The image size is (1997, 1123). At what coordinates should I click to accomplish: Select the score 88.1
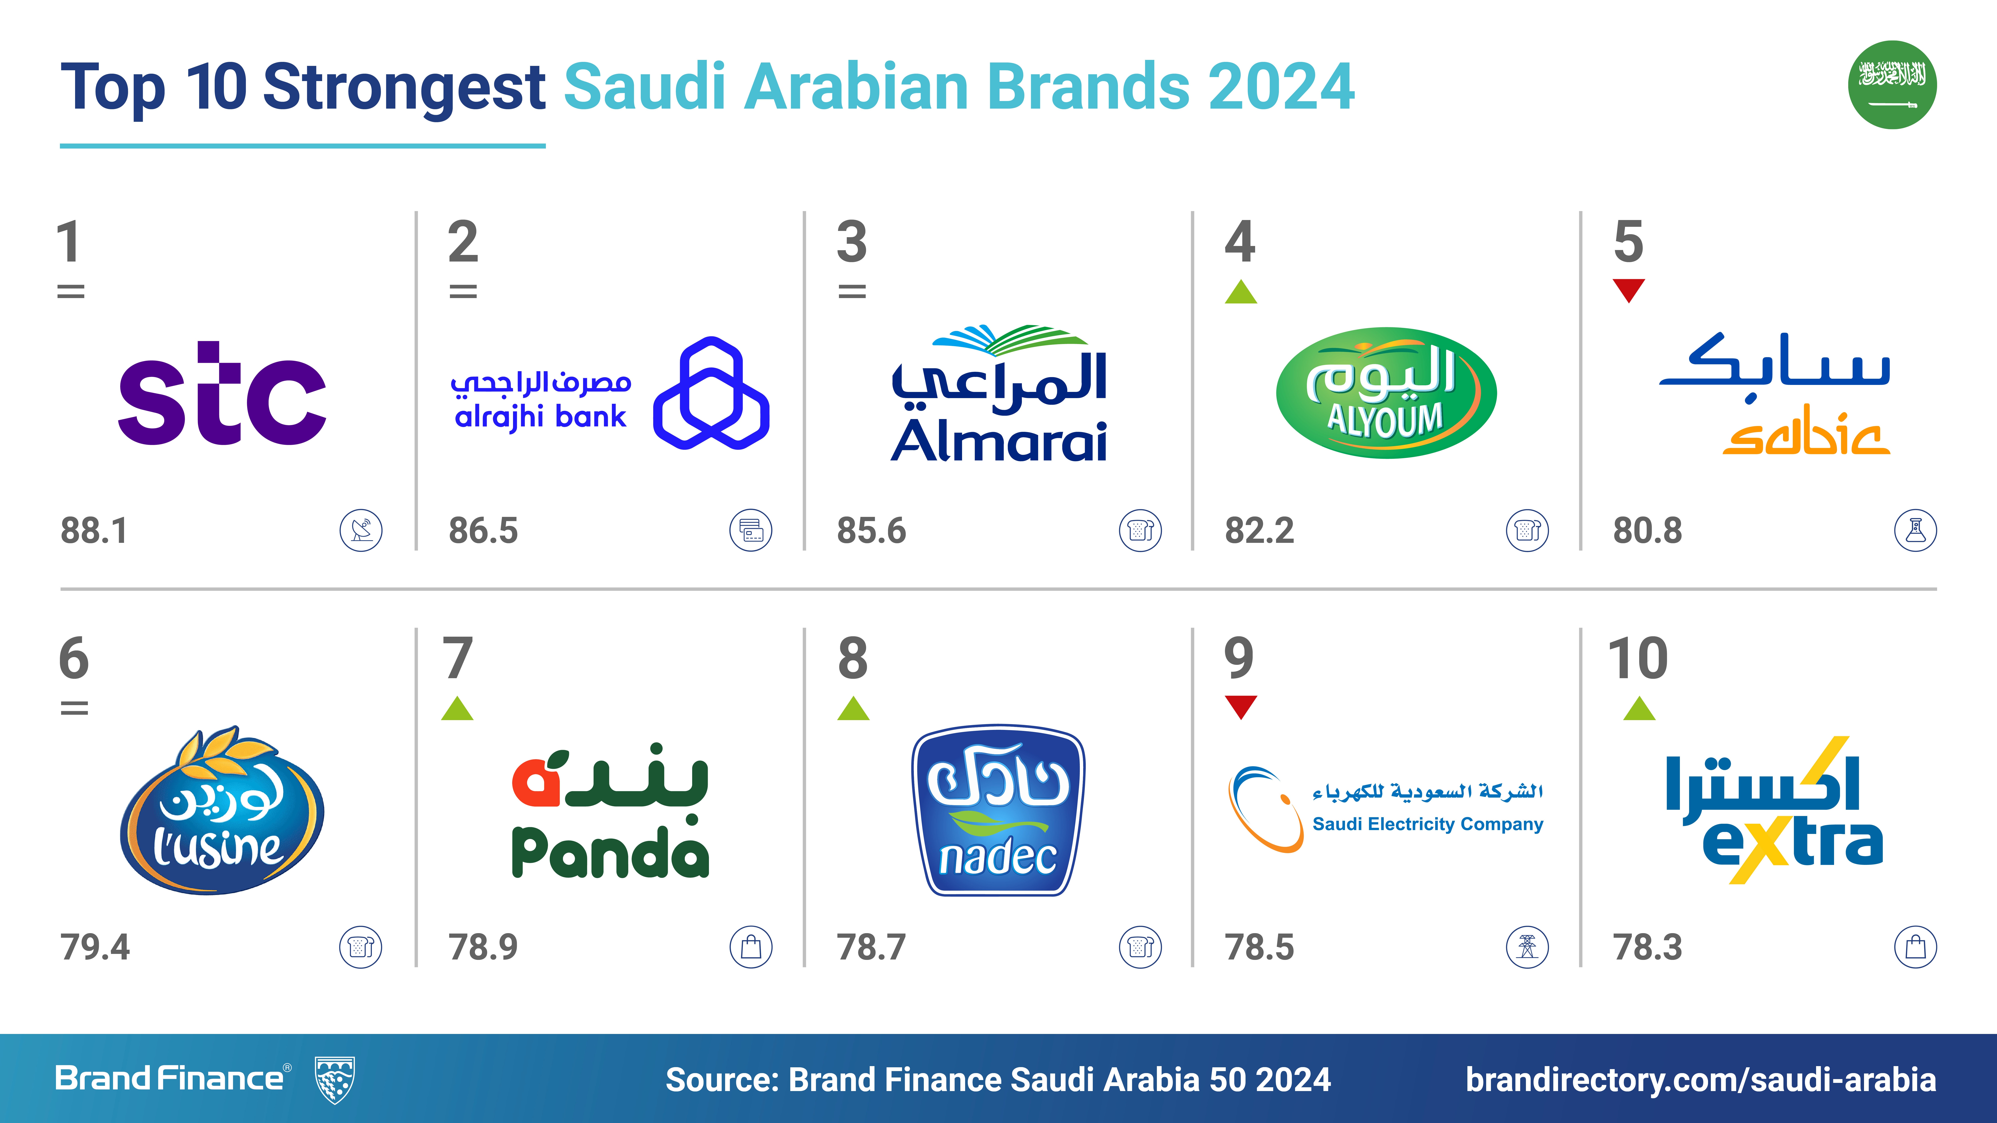(x=94, y=531)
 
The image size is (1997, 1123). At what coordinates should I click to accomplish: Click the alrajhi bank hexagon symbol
(x=711, y=393)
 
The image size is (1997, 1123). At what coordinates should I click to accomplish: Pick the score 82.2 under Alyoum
(x=1259, y=531)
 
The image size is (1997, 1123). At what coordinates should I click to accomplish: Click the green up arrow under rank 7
(x=457, y=708)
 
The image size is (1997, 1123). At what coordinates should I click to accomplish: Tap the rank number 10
(x=1637, y=658)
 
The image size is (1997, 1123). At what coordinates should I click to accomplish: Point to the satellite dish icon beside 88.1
(x=361, y=531)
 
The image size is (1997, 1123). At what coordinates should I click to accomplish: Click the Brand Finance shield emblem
(x=335, y=1079)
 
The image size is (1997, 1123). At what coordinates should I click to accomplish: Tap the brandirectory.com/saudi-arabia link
(x=1701, y=1080)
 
